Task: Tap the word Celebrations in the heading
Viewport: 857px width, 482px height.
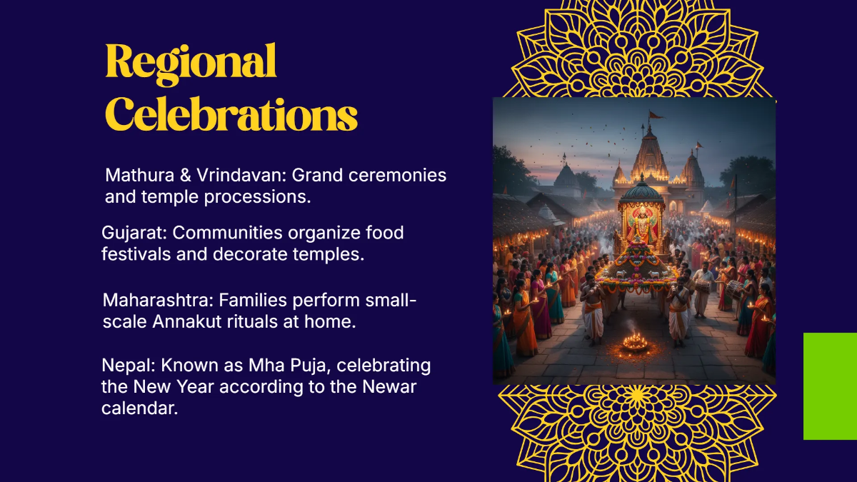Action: coord(231,114)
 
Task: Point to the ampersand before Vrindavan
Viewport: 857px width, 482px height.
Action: coord(186,175)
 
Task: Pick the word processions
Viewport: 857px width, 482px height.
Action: coord(257,198)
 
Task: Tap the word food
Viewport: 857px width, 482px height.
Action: coord(384,233)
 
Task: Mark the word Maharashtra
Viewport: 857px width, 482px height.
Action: coord(158,301)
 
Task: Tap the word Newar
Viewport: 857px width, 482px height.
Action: coord(389,387)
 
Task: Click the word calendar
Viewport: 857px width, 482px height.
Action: coord(140,408)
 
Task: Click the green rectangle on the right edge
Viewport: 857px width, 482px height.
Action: coord(830,386)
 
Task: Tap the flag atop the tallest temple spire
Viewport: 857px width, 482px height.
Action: coord(656,114)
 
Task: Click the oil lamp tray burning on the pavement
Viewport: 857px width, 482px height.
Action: coord(635,342)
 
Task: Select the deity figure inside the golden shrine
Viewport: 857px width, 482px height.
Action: coord(642,226)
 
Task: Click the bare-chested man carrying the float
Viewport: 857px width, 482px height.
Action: coord(593,310)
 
